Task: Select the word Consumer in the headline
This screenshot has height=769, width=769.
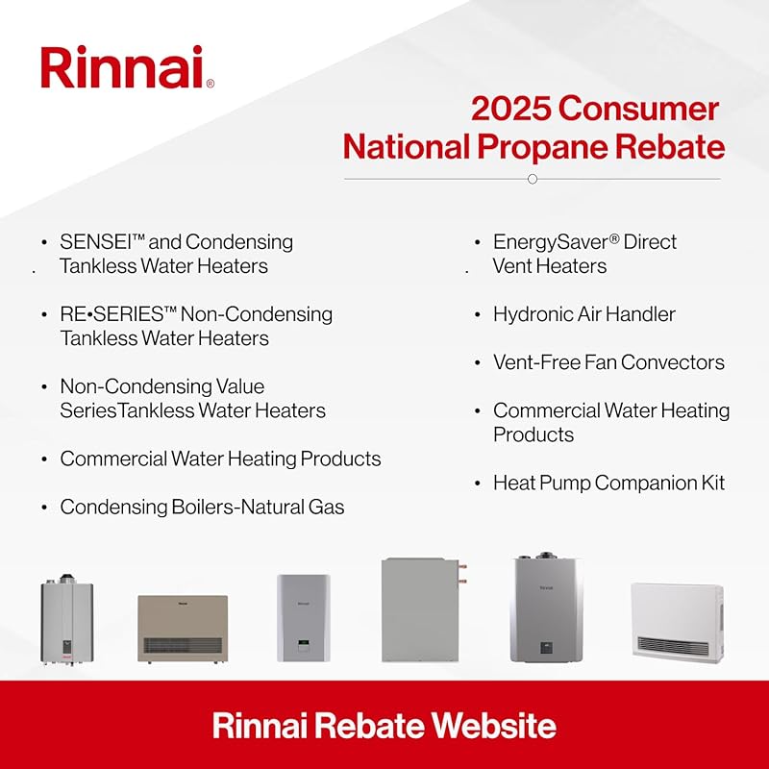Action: click(640, 109)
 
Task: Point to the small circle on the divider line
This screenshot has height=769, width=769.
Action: click(533, 179)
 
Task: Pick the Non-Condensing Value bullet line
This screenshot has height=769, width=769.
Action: click(161, 386)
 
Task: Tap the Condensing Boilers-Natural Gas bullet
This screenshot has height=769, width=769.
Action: click(202, 507)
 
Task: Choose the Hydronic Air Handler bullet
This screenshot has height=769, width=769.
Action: click(583, 314)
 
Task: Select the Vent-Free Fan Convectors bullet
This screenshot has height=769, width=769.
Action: click(608, 362)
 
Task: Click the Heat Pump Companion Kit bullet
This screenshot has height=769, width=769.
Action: click(608, 483)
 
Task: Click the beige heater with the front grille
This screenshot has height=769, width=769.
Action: click(183, 627)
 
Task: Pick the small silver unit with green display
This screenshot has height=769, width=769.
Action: click(303, 617)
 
